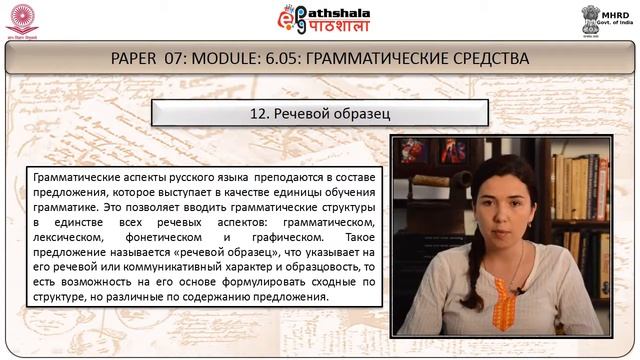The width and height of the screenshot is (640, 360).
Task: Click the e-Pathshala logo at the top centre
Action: tap(320, 21)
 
